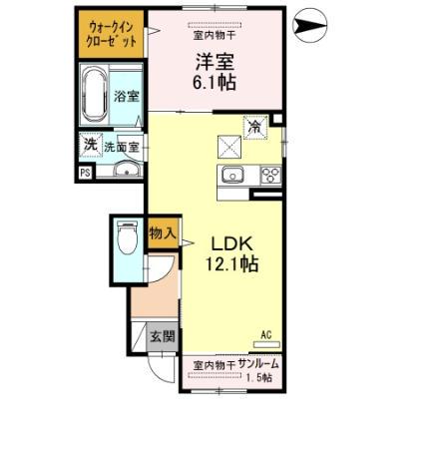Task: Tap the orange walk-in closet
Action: [110, 35]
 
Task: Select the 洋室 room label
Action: [214, 59]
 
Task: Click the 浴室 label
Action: [127, 97]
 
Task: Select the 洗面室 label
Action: [122, 146]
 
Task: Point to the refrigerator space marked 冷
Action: [255, 127]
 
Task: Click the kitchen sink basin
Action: [231, 175]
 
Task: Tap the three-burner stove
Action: [268, 175]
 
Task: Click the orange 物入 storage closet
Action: [162, 233]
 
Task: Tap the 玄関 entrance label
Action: [162, 336]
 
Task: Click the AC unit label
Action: [266, 334]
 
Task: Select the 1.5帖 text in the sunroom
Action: [262, 379]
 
